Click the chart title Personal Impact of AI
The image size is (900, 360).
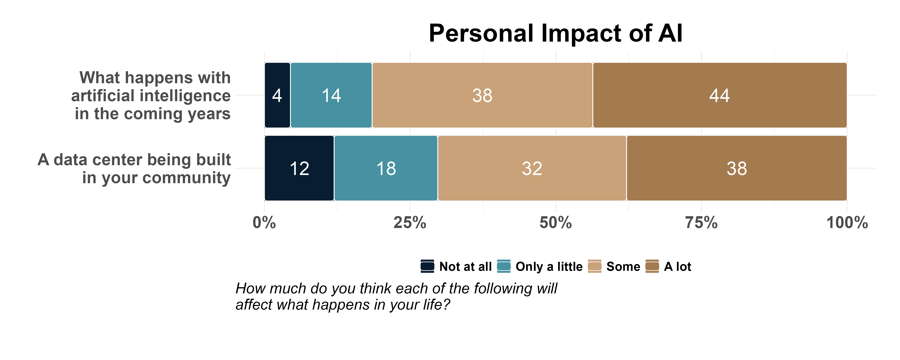point(556,34)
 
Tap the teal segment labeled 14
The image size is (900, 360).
point(331,95)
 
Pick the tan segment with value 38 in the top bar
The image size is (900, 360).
point(482,95)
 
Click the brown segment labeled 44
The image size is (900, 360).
point(720,95)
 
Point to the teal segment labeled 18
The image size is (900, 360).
point(386,168)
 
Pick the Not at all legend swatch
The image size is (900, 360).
point(427,266)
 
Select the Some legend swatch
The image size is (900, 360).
point(595,266)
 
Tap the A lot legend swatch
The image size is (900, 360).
point(652,266)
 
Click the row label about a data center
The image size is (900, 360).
point(134,168)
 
